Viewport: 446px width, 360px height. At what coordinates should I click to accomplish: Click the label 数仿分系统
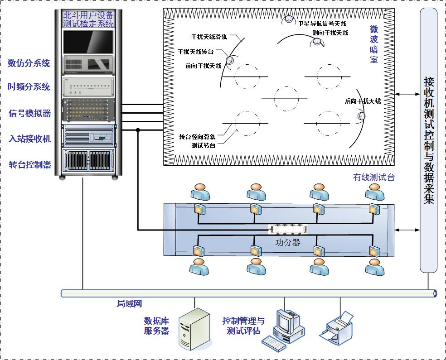(x=29, y=63)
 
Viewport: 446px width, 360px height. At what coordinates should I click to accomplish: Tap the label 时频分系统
(x=29, y=87)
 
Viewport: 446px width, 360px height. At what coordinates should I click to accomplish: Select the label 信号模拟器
(x=29, y=113)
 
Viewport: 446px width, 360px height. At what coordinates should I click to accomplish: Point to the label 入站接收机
(x=29, y=139)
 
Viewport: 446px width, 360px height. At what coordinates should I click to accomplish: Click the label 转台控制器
(x=29, y=164)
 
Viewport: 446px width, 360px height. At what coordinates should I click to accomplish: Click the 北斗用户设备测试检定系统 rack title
(x=88, y=19)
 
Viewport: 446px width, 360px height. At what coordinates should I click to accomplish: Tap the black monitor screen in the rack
(x=88, y=42)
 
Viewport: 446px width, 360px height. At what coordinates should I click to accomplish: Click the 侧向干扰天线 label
(x=330, y=33)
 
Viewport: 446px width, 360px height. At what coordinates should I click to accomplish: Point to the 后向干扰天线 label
(x=363, y=101)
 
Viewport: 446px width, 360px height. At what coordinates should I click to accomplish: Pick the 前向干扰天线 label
(x=203, y=66)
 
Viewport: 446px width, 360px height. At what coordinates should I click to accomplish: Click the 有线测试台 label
(x=373, y=178)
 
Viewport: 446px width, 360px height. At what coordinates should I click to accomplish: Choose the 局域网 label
(x=130, y=304)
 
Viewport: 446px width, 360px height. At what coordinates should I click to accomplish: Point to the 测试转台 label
(x=204, y=145)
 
